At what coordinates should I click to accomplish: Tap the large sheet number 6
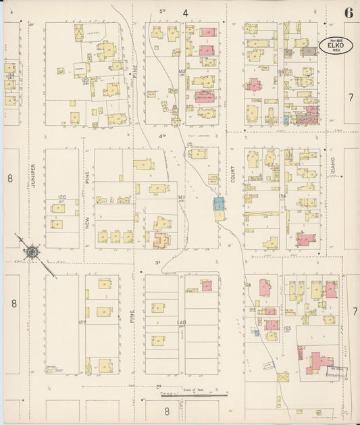[x=348, y=13]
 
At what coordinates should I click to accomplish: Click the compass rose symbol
[x=30, y=253]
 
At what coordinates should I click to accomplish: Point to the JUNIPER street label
[x=32, y=175]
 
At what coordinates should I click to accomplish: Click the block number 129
[x=86, y=80]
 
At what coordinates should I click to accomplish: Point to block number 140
[x=181, y=322]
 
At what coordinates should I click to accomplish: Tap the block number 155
[x=281, y=70]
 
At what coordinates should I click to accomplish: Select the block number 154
[x=283, y=196]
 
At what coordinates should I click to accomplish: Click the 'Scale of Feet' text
[x=193, y=390]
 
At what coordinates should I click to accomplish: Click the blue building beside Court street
[x=219, y=203]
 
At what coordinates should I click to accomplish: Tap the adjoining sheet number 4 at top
[x=184, y=13]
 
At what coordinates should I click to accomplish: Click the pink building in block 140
[x=207, y=286]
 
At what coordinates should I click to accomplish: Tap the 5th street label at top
[x=162, y=11]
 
